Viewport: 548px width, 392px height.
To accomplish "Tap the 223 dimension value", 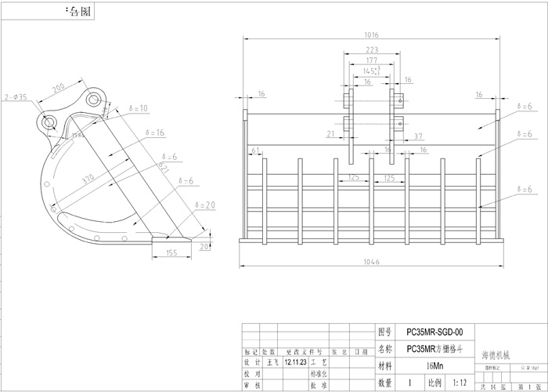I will [373, 49].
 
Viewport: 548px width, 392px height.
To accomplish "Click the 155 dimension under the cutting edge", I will [171, 252].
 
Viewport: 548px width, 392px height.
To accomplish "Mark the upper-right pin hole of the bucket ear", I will [95, 99].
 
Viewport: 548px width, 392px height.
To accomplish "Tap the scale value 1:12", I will [460, 383].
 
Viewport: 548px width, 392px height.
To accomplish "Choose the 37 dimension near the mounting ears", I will [417, 136].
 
